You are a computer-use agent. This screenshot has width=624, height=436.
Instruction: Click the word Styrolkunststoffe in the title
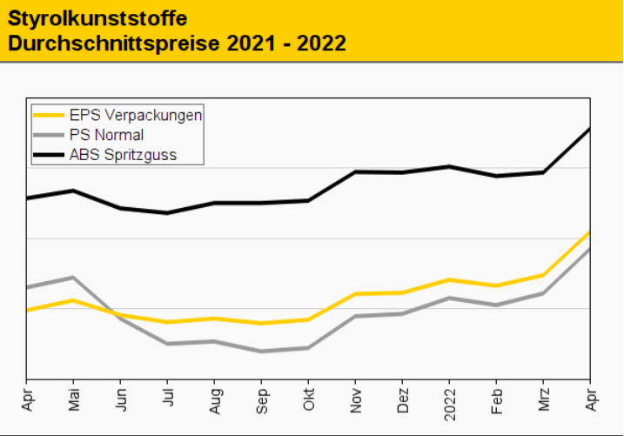97,17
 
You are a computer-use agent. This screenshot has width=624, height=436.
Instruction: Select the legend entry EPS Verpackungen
137,114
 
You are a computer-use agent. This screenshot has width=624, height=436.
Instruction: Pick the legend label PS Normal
107,135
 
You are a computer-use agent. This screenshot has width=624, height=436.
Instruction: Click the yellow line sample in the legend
49,114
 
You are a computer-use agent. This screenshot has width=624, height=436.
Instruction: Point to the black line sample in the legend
49,156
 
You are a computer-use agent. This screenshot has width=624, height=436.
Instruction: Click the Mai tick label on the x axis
74,399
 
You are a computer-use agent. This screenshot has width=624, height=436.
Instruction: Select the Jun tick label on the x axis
121,399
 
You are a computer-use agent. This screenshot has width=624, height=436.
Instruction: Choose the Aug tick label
214,399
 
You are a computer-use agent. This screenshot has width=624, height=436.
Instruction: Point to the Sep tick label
261,399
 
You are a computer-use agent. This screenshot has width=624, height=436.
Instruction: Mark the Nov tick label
355,399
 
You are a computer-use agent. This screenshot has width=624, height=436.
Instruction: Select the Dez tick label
402,399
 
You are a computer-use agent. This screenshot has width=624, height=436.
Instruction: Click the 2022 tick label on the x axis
449,403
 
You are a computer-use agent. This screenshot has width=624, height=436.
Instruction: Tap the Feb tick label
496,399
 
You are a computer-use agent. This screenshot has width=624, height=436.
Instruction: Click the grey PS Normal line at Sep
261,352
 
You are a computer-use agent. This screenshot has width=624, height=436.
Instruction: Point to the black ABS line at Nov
355,171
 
